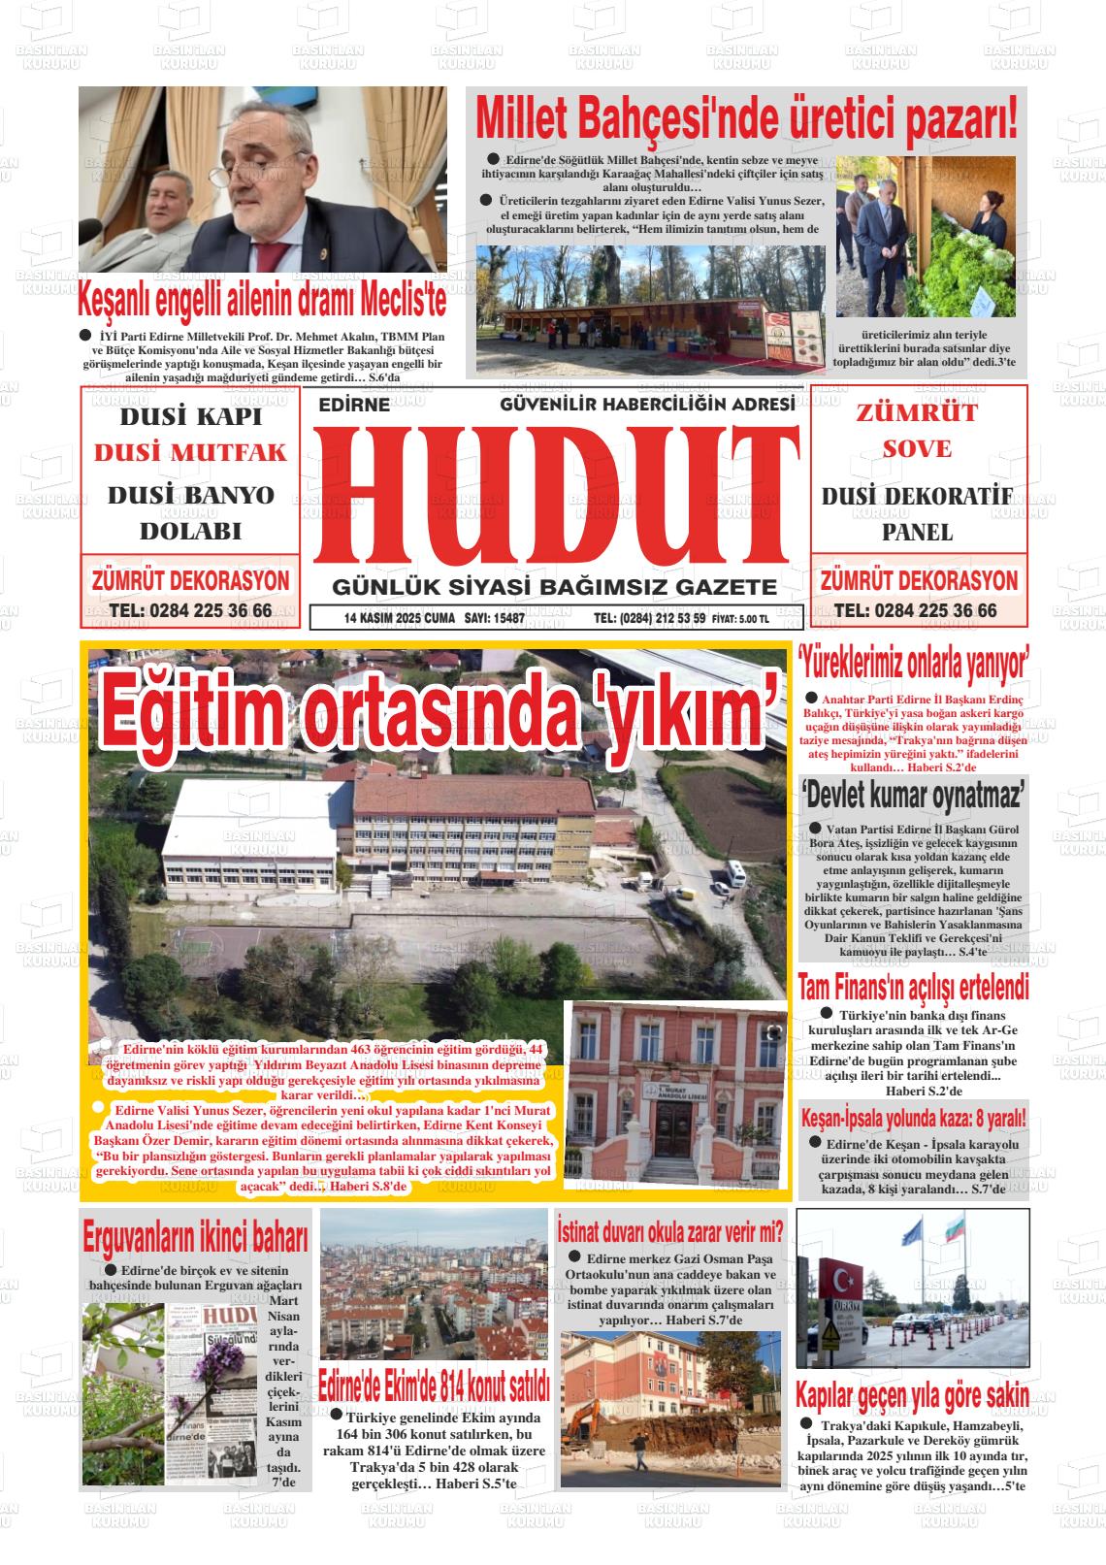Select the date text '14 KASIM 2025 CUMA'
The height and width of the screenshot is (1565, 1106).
[x=399, y=618]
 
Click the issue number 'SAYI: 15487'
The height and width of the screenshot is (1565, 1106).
[x=495, y=618]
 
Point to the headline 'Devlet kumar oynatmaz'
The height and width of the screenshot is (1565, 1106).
[x=913, y=798]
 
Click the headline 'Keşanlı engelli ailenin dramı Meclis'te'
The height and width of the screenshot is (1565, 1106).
[x=263, y=301]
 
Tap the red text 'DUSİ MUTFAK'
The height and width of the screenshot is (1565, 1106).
[x=190, y=453]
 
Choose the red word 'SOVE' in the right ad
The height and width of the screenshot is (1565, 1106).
[x=917, y=449]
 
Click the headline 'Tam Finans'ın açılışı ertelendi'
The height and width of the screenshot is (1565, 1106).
[x=913, y=989]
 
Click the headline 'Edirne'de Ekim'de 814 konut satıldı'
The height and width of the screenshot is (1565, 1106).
[x=435, y=1385]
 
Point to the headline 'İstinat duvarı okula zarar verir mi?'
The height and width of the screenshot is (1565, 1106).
[x=670, y=1231]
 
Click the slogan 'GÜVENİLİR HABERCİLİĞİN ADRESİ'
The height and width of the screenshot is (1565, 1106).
[x=647, y=404]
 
